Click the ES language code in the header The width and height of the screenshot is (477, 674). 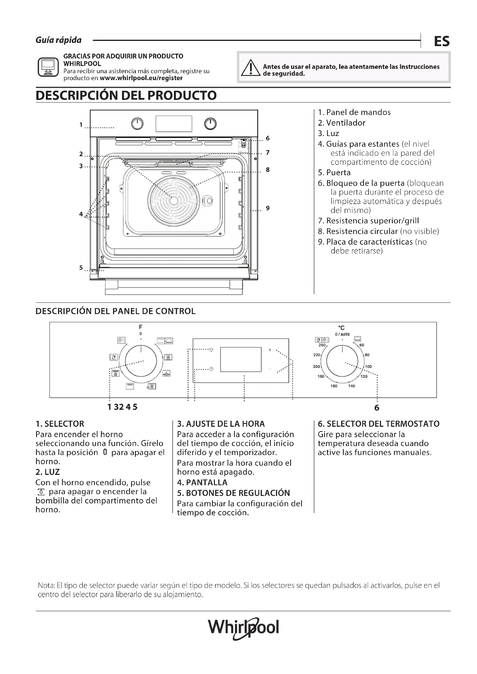pyautogui.click(x=442, y=41)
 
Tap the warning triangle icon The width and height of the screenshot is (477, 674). pyautogui.click(x=250, y=68)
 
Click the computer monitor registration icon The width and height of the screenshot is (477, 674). pyautogui.click(x=48, y=67)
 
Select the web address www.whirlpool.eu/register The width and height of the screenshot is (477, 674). pyautogui.click(x=141, y=78)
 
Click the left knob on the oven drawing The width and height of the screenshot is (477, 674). pyautogui.click(x=137, y=124)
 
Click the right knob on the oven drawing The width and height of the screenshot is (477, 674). pyautogui.click(x=210, y=124)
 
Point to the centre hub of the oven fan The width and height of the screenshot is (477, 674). pyautogui.click(x=174, y=201)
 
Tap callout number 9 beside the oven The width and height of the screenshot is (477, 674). pyautogui.click(x=268, y=208)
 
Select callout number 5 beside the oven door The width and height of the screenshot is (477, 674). pyautogui.click(x=81, y=267)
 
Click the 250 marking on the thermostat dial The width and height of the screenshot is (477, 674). pyautogui.click(x=322, y=345)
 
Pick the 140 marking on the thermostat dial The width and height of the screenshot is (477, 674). pyautogui.click(x=352, y=386)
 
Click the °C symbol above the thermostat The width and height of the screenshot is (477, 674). pyautogui.click(x=341, y=328)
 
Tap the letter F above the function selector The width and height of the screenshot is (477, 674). pyautogui.click(x=141, y=327)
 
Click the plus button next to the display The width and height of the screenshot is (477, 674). pyautogui.click(x=270, y=350)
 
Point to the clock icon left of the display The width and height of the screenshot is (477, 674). pyautogui.click(x=211, y=369)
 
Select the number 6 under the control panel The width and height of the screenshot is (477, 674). pyautogui.click(x=377, y=408)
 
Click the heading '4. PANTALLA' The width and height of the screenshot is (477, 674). pyautogui.click(x=202, y=483)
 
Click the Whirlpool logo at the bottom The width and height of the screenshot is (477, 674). pyautogui.click(x=243, y=628)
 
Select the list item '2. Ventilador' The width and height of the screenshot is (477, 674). pyautogui.click(x=341, y=123)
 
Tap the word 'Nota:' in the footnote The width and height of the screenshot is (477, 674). pyautogui.click(x=46, y=585)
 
